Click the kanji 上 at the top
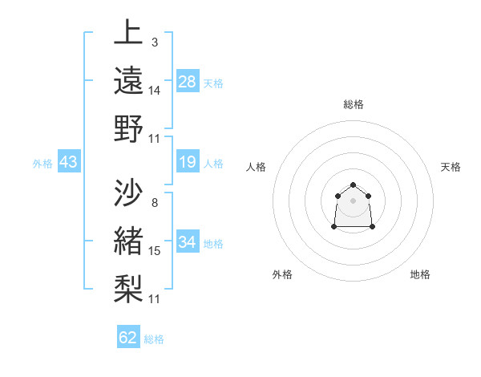129,33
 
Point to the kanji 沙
129,192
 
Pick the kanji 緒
129,240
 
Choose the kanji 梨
129,288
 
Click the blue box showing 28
188,81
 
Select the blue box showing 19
188,162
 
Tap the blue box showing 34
188,241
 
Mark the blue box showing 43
68,162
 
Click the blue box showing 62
128,338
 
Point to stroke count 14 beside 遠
155,91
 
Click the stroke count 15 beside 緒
155,251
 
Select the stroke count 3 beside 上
154,42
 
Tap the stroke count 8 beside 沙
154,202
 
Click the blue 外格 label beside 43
42,163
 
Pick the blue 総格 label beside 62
154,339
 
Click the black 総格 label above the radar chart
354,104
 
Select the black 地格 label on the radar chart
420,274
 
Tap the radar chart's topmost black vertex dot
354,185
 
